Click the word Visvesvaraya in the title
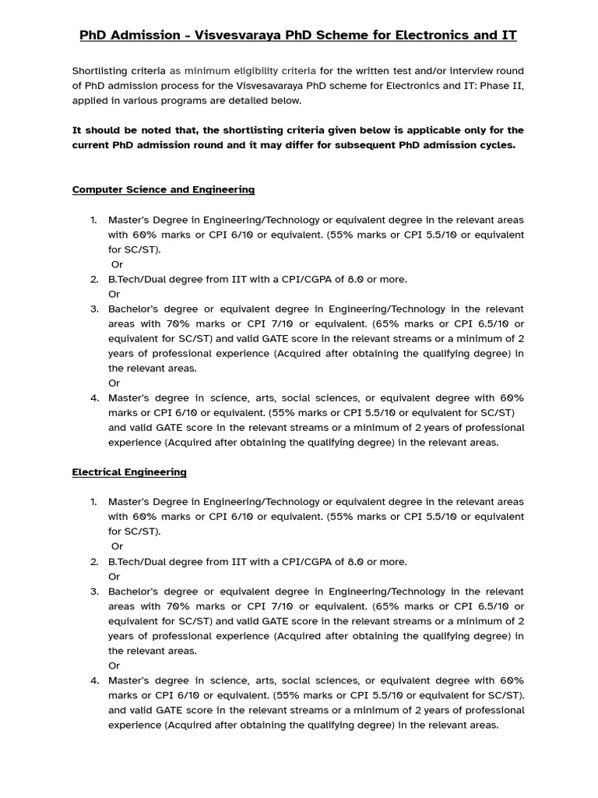point(239,35)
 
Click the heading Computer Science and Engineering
point(163,189)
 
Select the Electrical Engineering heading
point(129,471)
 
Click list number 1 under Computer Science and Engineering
point(93,220)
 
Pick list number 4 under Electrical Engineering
point(93,680)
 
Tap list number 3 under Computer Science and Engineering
point(93,309)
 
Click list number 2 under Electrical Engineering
point(93,561)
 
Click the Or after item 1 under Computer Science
point(117,264)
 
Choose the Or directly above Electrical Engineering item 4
point(114,666)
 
